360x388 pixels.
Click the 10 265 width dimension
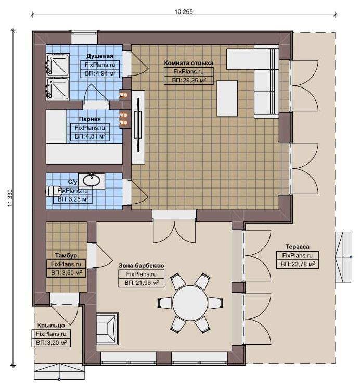184,11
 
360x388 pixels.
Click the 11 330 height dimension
10,198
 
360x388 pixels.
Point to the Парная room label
90,119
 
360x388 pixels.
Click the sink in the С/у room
92,180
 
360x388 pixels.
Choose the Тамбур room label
66,255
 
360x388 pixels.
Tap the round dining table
190,304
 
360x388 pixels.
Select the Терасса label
297,247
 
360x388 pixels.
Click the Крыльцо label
51,325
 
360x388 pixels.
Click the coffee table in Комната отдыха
227,98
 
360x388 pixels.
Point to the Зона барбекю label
141,266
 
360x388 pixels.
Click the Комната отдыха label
189,63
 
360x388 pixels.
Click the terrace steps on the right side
343,257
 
